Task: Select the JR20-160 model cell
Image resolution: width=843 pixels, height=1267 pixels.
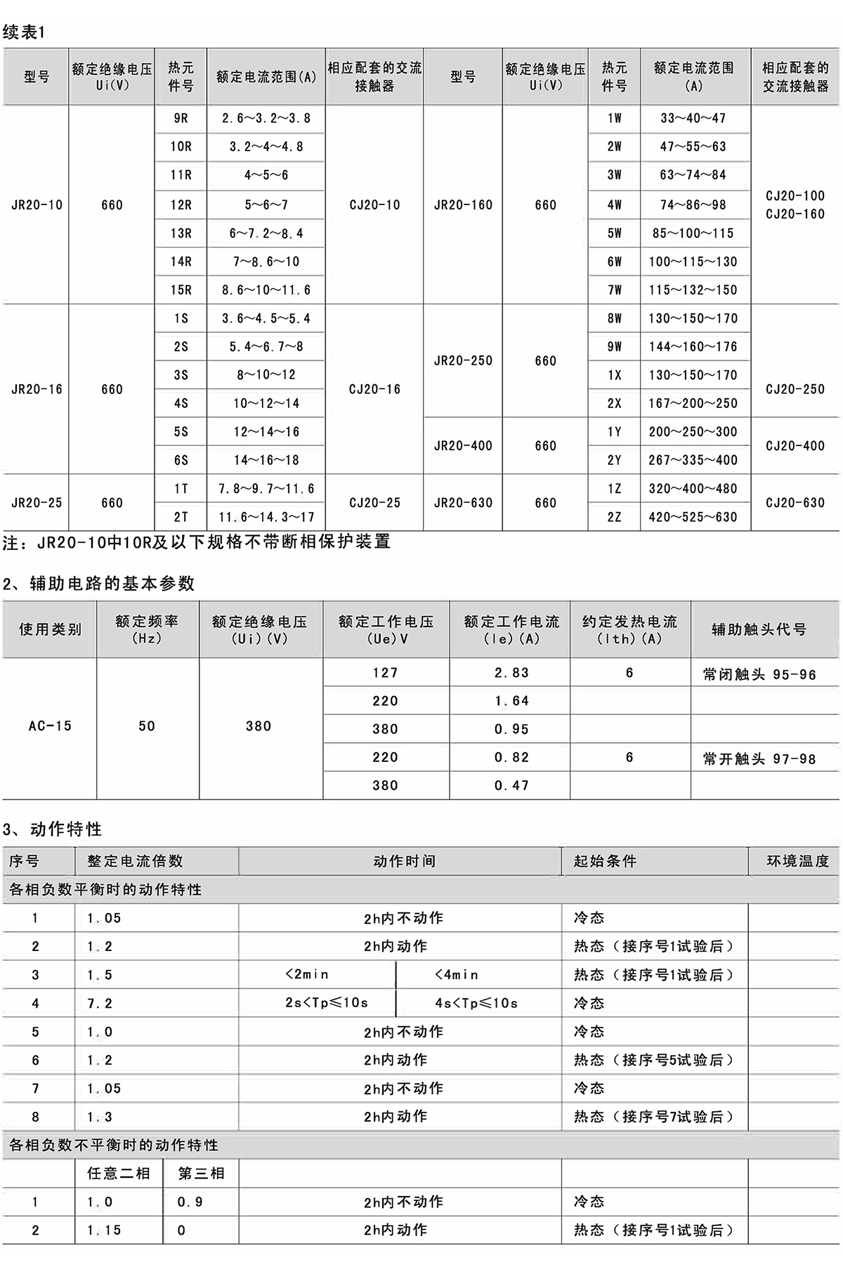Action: (x=463, y=205)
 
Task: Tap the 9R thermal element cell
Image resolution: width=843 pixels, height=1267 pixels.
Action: (x=181, y=119)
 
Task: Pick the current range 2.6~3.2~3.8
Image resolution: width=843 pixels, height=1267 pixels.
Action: (x=266, y=119)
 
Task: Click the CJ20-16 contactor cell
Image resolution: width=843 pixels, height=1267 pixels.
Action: (x=374, y=389)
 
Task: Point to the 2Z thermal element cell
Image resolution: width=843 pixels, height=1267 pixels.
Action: (x=614, y=517)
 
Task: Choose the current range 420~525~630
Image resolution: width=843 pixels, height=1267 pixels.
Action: (x=693, y=517)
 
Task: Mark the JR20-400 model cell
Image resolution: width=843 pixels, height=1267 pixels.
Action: (x=463, y=446)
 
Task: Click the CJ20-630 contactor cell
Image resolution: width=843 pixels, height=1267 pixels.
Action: (x=795, y=503)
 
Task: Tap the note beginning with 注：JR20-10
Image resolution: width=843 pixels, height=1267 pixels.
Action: (x=197, y=541)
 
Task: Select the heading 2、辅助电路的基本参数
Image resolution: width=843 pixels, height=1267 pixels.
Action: (x=99, y=584)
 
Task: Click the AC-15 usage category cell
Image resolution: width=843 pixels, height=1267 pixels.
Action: (x=50, y=726)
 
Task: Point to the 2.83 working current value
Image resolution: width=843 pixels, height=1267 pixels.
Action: (x=511, y=673)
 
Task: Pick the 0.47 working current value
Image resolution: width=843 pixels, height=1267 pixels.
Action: (x=511, y=786)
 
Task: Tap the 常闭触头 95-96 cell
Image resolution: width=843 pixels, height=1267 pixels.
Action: (x=759, y=675)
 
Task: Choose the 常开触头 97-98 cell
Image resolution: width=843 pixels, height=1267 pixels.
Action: (x=759, y=759)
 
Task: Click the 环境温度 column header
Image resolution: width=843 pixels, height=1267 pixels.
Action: (x=797, y=861)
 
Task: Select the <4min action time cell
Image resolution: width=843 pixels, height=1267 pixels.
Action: (x=457, y=975)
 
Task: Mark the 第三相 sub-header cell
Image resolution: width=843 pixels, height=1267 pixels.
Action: (x=201, y=1174)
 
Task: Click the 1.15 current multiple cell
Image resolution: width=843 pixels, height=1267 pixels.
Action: (x=104, y=1230)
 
